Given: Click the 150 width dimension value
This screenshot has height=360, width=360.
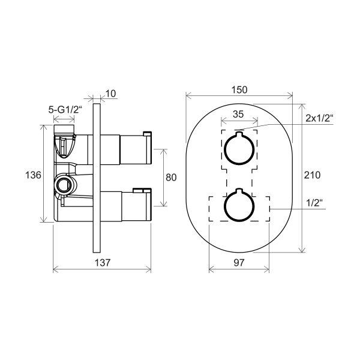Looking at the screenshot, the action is click(x=239, y=89).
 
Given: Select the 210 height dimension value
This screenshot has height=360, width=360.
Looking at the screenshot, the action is click(x=312, y=175).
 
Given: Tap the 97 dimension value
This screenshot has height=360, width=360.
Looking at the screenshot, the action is click(x=239, y=263).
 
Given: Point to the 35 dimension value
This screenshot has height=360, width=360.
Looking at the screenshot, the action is click(x=238, y=114).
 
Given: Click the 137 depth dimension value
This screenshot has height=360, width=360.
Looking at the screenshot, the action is click(x=103, y=263).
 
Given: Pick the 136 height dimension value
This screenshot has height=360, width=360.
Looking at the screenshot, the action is click(x=33, y=175).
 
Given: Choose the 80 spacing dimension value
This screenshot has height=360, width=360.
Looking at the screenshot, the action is click(x=171, y=178).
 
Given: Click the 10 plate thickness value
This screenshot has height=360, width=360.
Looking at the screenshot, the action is click(x=110, y=94).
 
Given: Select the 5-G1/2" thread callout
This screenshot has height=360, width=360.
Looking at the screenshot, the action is click(x=65, y=110).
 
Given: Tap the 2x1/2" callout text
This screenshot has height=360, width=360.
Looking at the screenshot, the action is click(x=319, y=118).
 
